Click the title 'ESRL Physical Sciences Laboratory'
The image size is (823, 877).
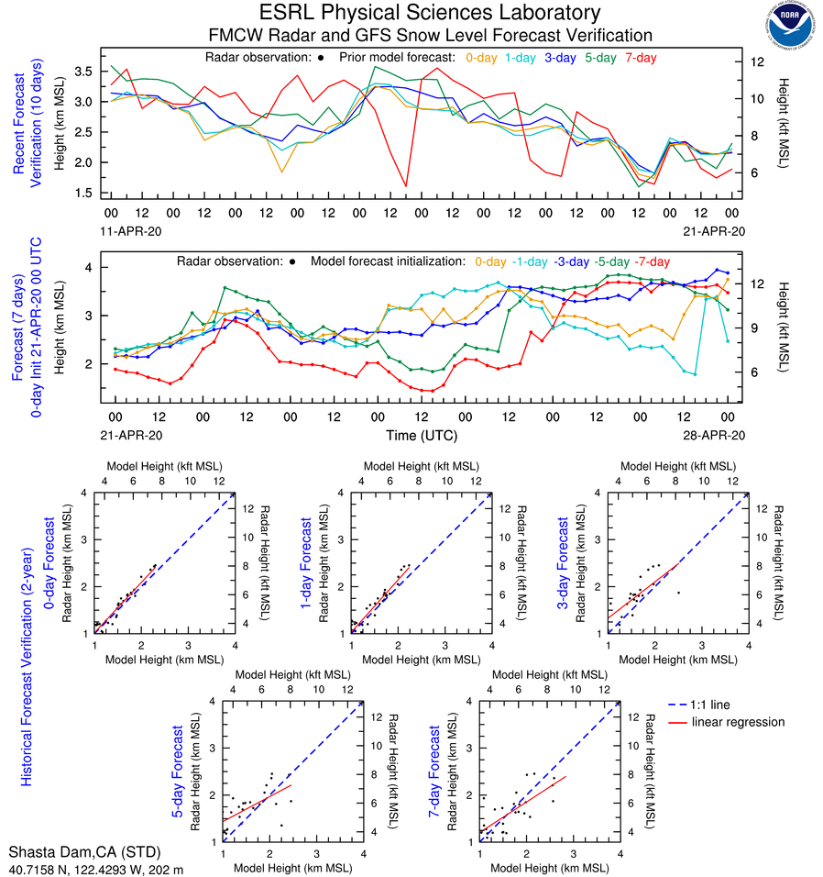pyautogui.click(x=430, y=13)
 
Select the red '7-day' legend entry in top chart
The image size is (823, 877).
pyautogui.click(x=641, y=57)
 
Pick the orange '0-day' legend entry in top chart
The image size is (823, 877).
pyautogui.click(x=481, y=57)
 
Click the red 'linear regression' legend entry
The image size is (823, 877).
pyautogui.click(x=738, y=722)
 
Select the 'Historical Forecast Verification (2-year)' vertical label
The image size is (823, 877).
pyautogui.click(x=27, y=638)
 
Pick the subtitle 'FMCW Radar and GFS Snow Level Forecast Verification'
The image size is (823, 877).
pyautogui.click(x=431, y=35)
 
